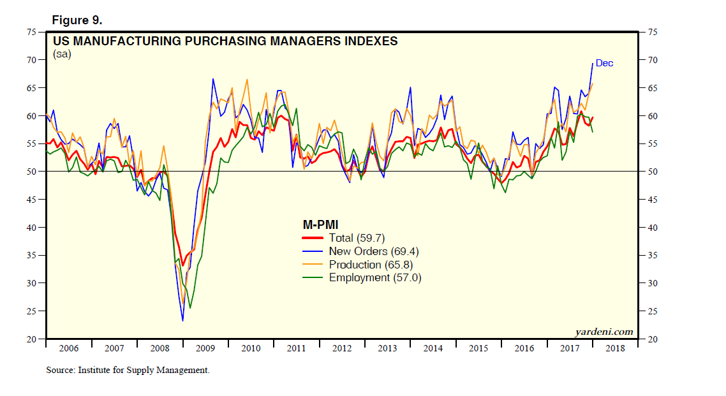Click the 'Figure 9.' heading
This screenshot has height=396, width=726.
pos(77,20)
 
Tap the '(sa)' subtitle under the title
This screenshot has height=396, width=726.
pos(62,54)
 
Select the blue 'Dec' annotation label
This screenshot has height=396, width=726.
pos(604,63)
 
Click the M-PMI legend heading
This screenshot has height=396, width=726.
pos(320,224)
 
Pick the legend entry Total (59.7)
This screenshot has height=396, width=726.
pos(357,238)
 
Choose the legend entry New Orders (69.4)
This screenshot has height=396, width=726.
pos(373,251)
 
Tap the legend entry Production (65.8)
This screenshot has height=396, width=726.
pos(373,265)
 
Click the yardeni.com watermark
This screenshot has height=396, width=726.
pos(604,332)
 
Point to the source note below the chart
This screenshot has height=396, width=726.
pos(128,370)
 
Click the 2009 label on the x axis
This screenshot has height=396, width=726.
pos(205,348)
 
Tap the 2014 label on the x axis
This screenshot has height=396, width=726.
pos(433,348)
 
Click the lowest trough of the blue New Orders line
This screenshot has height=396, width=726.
pos(182,320)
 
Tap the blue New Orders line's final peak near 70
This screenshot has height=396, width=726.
pos(593,62)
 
